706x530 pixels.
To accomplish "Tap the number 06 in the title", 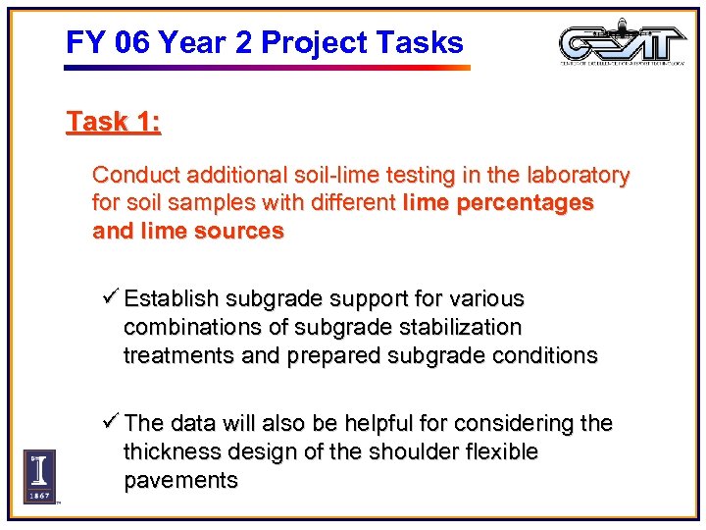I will [x=134, y=43].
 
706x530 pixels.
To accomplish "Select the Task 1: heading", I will [x=114, y=123].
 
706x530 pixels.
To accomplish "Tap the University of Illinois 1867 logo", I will [x=39, y=476].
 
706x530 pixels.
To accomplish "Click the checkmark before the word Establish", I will [x=111, y=297].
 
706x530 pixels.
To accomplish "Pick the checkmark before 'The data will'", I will [x=111, y=423].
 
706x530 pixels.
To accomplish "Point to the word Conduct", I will [x=132, y=176].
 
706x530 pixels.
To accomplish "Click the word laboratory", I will [x=578, y=176].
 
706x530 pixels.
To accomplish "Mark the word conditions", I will [x=544, y=355].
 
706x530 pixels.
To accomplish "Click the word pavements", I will [x=180, y=481].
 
